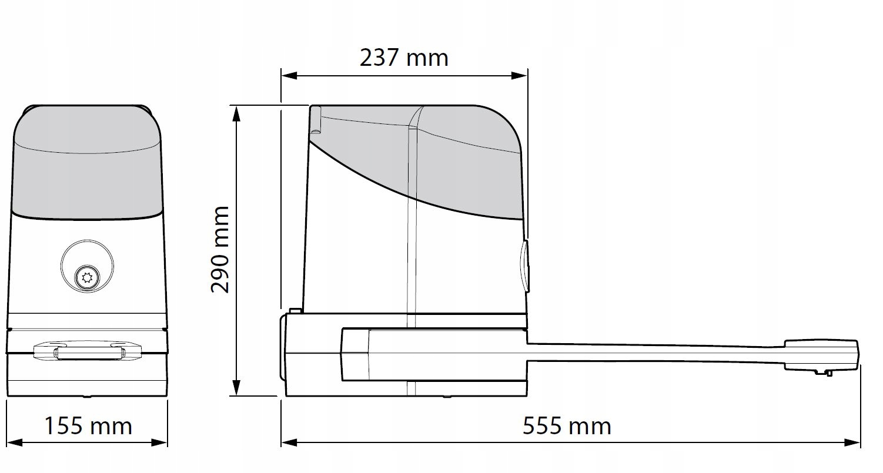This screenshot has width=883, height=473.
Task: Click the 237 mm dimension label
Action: click(x=404, y=58)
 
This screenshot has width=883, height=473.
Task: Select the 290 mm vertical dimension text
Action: click(x=220, y=249)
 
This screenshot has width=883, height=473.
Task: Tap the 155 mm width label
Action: click(x=88, y=425)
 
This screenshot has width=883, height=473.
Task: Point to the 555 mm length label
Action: click(x=567, y=425)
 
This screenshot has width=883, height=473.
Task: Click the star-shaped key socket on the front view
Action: click(x=87, y=276)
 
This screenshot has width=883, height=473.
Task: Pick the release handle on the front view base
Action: click(x=88, y=352)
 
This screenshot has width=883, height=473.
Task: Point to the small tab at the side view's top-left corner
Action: click(x=315, y=120)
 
